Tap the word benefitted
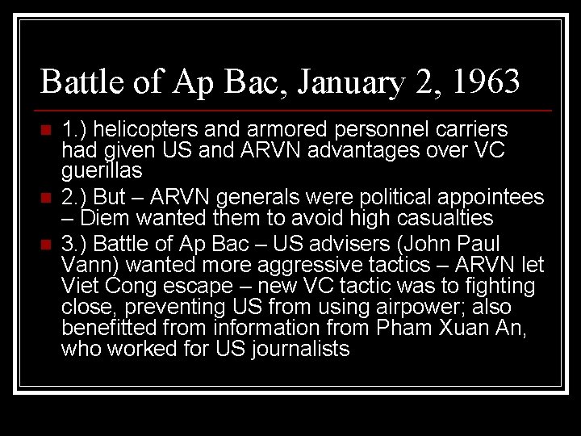(103, 328)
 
